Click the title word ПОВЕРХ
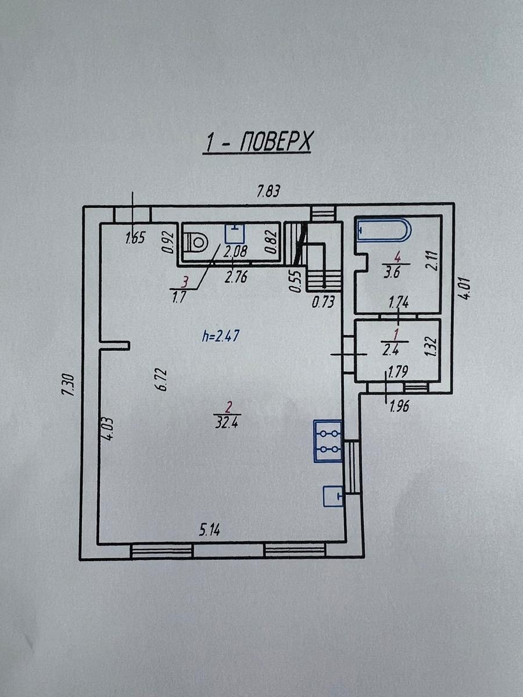(275, 142)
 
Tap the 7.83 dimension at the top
(268, 192)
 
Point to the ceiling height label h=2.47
(220, 336)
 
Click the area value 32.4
(227, 423)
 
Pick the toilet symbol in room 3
(196, 243)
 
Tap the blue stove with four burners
(328, 441)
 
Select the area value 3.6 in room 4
(392, 273)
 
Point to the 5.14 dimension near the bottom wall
(209, 531)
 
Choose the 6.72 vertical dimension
(162, 379)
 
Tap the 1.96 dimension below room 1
(399, 406)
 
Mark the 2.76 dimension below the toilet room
(235, 277)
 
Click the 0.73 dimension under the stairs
(323, 302)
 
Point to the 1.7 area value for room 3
(179, 297)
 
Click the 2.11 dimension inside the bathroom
(432, 260)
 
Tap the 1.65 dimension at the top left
(135, 238)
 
